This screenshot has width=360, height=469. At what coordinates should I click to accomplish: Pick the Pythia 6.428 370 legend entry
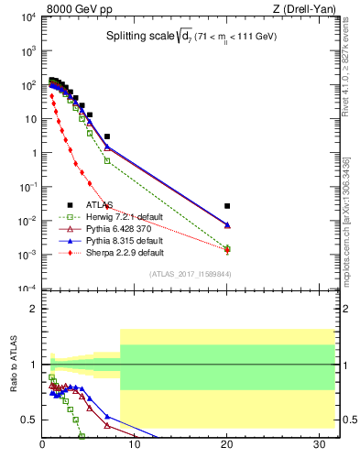tap(113, 228)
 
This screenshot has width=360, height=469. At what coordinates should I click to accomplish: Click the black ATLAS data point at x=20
tap(227, 206)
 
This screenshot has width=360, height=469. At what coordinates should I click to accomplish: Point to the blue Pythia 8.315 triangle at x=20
tap(227, 225)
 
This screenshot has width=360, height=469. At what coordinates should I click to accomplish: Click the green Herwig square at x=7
tap(107, 160)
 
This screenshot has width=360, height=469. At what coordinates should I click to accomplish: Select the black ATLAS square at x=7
tap(107, 136)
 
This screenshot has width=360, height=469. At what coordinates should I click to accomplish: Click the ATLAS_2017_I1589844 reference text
tap(191, 274)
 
